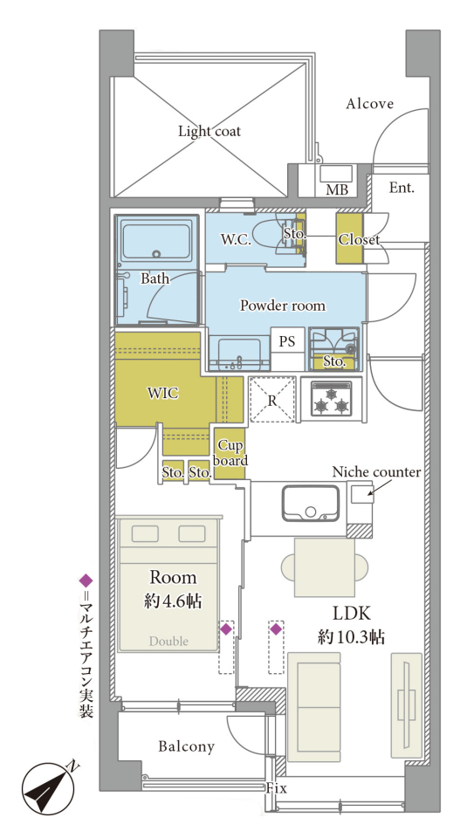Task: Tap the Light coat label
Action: (x=209, y=131)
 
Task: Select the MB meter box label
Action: (x=337, y=189)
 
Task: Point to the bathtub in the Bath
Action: (x=156, y=240)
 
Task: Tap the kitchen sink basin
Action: (x=311, y=503)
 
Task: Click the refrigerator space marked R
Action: (x=272, y=399)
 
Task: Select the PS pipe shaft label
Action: (x=287, y=341)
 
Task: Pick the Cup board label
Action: (x=230, y=453)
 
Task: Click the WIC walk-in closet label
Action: (x=162, y=394)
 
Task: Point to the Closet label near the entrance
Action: (x=359, y=240)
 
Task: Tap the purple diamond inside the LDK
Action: (x=276, y=629)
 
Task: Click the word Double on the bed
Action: (x=168, y=641)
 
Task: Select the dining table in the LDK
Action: (x=325, y=567)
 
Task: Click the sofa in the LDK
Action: (x=313, y=707)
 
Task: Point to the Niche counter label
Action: (x=376, y=472)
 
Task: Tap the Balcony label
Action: (x=187, y=746)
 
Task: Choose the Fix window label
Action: (x=276, y=788)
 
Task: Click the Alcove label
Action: (x=370, y=103)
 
